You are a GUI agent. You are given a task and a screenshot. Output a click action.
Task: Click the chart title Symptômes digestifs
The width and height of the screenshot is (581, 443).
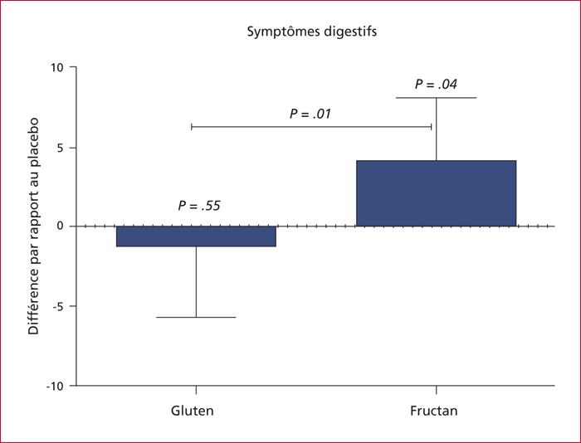[x=312, y=32]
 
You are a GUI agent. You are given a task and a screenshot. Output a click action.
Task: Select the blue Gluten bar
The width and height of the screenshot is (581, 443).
[x=196, y=236]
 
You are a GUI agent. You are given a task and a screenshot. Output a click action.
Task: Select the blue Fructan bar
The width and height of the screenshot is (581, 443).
[x=436, y=193]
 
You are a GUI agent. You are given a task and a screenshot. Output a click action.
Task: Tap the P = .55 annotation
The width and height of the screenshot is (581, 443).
[x=199, y=206]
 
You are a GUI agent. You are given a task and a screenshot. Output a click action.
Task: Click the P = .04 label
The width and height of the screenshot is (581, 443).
[x=436, y=84]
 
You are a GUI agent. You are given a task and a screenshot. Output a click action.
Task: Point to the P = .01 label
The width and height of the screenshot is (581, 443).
[x=310, y=114]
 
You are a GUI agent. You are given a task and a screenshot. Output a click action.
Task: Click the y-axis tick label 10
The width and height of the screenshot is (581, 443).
[x=57, y=67]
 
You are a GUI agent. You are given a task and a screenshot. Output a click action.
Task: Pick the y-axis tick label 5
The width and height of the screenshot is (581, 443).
[x=61, y=148]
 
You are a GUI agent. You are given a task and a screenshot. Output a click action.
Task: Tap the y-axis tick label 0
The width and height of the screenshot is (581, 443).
[x=61, y=226]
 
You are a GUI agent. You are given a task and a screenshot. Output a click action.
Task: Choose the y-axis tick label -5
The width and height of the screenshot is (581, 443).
[x=58, y=306]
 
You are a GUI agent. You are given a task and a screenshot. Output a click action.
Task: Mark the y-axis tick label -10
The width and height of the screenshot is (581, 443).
[x=55, y=386]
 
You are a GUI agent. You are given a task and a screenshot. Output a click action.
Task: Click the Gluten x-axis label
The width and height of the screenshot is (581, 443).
[x=193, y=411]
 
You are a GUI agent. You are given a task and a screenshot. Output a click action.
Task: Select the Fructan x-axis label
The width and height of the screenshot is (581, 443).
[x=434, y=411]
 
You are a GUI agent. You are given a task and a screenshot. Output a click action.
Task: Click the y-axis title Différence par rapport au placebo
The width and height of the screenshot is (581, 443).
[x=33, y=226]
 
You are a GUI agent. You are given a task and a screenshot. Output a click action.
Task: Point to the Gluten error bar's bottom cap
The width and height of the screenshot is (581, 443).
[x=196, y=318]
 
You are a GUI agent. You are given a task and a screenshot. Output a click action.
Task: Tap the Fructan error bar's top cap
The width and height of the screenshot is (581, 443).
[x=436, y=98]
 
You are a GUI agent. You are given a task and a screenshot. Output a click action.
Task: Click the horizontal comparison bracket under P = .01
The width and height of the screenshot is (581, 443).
[x=311, y=127]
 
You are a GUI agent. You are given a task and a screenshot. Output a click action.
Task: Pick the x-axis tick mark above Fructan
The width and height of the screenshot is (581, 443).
[x=436, y=390]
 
